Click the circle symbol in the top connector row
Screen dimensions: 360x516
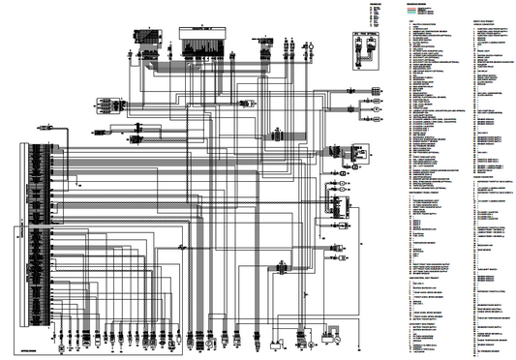[x=311, y=45]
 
